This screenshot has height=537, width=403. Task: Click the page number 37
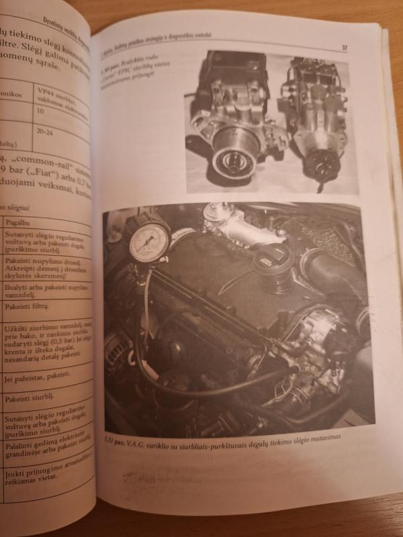(344, 48)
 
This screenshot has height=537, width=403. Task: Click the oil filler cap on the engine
(273, 258)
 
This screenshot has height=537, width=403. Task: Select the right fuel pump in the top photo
(314, 117)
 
